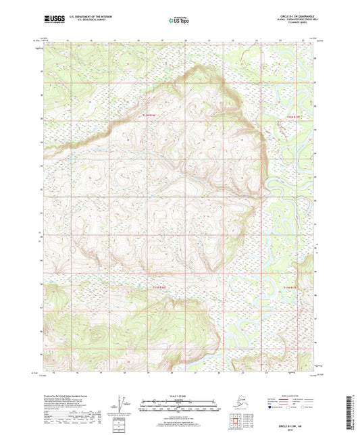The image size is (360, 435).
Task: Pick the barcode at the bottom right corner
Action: pos(353,408)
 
